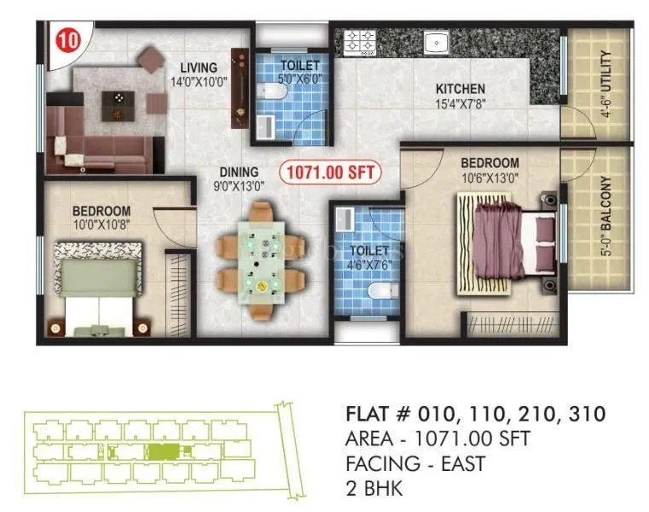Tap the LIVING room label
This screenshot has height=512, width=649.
pyautogui.click(x=198, y=67)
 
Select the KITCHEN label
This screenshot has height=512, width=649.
pyautogui.click(x=461, y=89)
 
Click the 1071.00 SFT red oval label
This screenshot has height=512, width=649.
pyautogui.click(x=331, y=172)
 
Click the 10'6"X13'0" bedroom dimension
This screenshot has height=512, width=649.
pyautogui.click(x=490, y=177)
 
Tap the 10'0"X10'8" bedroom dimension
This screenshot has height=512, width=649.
pyautogui.click(x=101, y=225)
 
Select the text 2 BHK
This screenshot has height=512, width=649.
pyautogui.click(x=374, y=490)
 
